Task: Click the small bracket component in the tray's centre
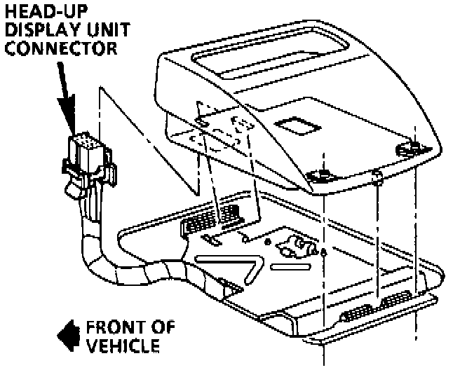292,247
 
